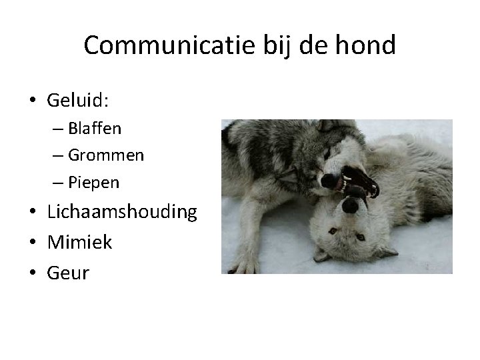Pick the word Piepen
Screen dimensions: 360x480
[x=94, y=183]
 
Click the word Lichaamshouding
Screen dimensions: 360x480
[x=122, y=212]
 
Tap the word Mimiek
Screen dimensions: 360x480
[x=80, y=242]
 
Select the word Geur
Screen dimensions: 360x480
[x=68, y=272]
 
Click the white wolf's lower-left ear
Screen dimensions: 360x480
[x=322, y=254]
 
